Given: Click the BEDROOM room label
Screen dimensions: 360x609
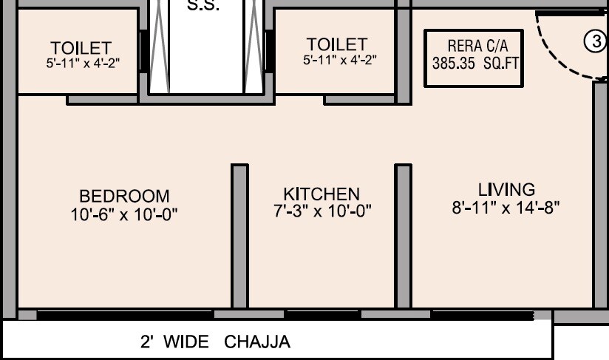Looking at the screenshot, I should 124,197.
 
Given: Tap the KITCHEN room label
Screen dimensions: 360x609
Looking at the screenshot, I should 321,194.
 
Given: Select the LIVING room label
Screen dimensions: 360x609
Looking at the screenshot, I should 506,189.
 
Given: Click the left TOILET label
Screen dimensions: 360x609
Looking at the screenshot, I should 81,49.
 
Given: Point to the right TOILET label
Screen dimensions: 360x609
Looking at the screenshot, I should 337,45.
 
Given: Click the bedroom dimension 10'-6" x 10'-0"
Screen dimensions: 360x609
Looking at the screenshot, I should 124,214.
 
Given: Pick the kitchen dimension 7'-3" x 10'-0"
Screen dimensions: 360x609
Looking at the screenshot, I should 322,211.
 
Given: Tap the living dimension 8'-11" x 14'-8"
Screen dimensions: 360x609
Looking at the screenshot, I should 506,208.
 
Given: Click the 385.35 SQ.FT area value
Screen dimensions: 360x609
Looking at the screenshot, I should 476,64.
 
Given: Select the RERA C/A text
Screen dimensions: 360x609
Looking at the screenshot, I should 477,47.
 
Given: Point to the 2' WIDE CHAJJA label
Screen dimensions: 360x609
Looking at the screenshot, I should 215,342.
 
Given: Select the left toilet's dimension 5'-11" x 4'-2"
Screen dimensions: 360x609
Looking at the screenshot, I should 81,64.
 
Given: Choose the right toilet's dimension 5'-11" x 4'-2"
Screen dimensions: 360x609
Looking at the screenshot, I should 339,60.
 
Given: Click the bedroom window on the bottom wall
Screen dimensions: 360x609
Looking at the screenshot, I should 126,315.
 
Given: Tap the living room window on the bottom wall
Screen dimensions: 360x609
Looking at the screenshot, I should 482,316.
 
